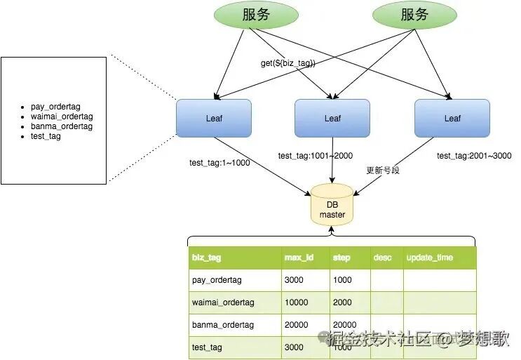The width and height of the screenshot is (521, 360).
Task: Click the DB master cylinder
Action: pyautogui.click(x=332, y=204)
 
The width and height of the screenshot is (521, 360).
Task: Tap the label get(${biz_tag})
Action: pyautogui.click(x=288, y=63)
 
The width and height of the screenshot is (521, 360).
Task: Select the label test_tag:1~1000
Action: pyautogui.click(x=219, y=163)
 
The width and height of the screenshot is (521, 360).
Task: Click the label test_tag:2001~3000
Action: pyautogui.click(x=473, y=156)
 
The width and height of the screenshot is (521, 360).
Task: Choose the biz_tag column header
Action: pyautogui.click(x=206, y=258)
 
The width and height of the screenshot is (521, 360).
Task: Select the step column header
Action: pyautogui.click(x=341, y=258)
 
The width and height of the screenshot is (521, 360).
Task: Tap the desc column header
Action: pyautogui.click(x=382, y=258)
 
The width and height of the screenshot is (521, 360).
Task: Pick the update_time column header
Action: pyautogui.click(x=430, y=258)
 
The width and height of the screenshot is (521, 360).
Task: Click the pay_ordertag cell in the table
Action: pyautogui.click(x=216, y=280)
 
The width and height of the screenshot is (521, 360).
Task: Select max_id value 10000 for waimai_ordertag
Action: pyautogui.click(x=299, y=302)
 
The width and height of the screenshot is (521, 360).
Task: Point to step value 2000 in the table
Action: pyautogui.click(x=344, y=302)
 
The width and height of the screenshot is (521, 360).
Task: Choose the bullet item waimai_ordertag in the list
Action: pyautogui.click(x=62, y=116)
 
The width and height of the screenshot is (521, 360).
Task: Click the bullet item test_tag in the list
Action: pyautogui.click(x=46, y=136)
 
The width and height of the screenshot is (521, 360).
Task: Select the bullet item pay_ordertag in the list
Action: pyautogui.click(x=56, y=107)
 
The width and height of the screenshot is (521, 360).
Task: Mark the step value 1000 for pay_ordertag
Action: pyautogui.click(x=344, y=280)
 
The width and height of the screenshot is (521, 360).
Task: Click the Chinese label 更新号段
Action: pyautogui.click(x=383, y=171)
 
